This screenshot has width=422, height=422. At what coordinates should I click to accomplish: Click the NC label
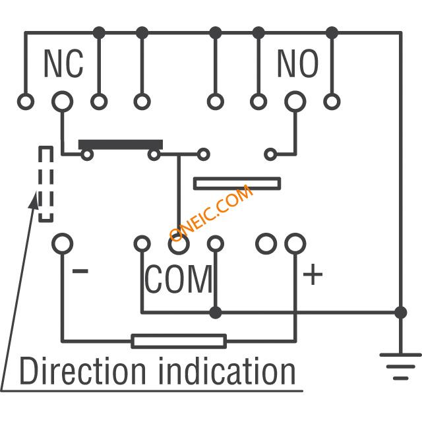pos(63,63)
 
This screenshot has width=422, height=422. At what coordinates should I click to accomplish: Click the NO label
pos(297,63)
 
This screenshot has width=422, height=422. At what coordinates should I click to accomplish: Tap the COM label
pos(179,279)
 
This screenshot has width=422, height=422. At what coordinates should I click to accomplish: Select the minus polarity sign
pos(80,271)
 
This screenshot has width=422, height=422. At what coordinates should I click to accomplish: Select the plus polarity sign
pos(313,274)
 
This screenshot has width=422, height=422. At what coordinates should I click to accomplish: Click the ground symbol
pos(400,367)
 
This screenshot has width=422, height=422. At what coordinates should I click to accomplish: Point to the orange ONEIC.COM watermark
pos(211,212)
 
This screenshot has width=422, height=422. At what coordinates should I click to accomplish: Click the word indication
pos(227,371)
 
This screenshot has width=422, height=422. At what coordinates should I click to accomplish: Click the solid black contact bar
pos(121,144)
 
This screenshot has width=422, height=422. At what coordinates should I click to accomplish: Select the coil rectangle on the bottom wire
pos(179,342)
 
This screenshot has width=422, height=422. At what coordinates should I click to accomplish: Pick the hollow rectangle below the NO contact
pos(237,183)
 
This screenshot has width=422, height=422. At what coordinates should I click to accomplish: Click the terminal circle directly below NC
pos(63,102)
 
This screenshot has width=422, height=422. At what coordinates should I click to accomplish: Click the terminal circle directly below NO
pos(295,102)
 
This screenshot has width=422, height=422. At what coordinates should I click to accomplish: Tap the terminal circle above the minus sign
pos(62,244)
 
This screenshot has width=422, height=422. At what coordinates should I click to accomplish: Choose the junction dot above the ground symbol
pos(401,313)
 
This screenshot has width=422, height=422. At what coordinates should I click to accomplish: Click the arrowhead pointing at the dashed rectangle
pos(34,199)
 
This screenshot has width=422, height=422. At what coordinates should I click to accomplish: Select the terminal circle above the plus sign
pos(295,244)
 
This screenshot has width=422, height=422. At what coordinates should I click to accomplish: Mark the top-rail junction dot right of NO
pos(332,33)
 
